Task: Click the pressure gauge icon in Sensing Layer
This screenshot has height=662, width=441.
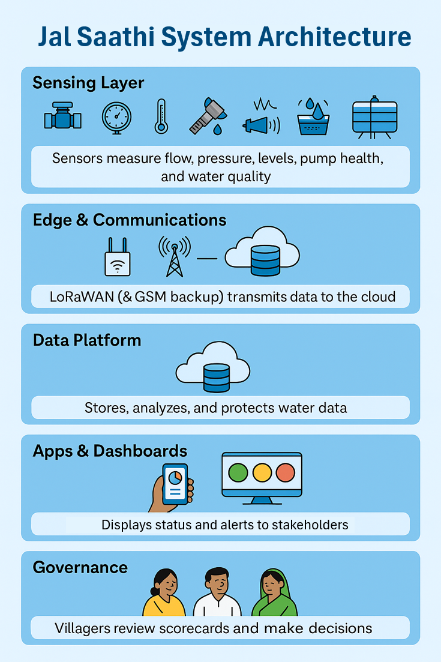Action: (115, 116)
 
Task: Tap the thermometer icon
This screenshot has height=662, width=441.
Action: (160, 116)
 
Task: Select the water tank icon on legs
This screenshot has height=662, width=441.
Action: (374, 116)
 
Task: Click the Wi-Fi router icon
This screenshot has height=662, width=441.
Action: (117, 257)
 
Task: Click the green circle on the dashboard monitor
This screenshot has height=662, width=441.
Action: (238, 472)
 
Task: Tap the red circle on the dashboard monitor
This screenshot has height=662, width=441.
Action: (286, 472)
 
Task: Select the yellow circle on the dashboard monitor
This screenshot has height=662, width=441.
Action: (262, 472)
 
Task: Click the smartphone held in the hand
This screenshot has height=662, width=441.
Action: (175, 484)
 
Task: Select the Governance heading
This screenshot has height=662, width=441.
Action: (80, 567)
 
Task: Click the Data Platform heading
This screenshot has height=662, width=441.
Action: (87, 340)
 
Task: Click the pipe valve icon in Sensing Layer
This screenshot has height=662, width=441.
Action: (62, 116)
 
